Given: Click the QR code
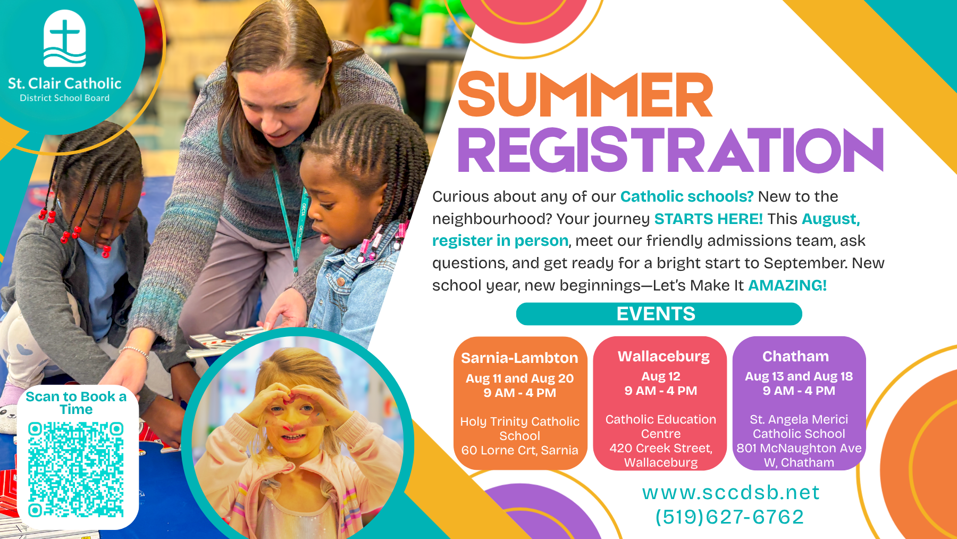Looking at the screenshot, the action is (76, 470).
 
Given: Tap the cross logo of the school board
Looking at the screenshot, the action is (65, 38).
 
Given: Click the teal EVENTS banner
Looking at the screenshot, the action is (659, 314).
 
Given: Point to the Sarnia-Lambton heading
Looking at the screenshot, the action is (519, 358).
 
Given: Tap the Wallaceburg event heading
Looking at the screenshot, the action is (664, 356).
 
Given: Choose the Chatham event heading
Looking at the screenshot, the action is (795, 356).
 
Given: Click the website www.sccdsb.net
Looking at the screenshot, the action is (731, 493).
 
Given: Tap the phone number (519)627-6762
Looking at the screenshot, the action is (729, 517).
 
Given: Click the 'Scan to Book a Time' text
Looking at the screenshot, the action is (76, 403).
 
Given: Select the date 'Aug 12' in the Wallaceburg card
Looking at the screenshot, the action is (661, 376).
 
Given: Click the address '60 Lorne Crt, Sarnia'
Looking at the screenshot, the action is (519, 450).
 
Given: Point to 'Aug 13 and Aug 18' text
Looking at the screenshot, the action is (799, 376).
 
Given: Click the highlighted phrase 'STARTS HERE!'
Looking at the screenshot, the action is (708, 219).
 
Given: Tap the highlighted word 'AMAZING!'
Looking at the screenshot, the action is (787, 285).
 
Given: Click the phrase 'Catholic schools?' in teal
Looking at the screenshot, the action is (687, 196).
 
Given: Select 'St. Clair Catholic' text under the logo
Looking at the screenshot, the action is (65, 84).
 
